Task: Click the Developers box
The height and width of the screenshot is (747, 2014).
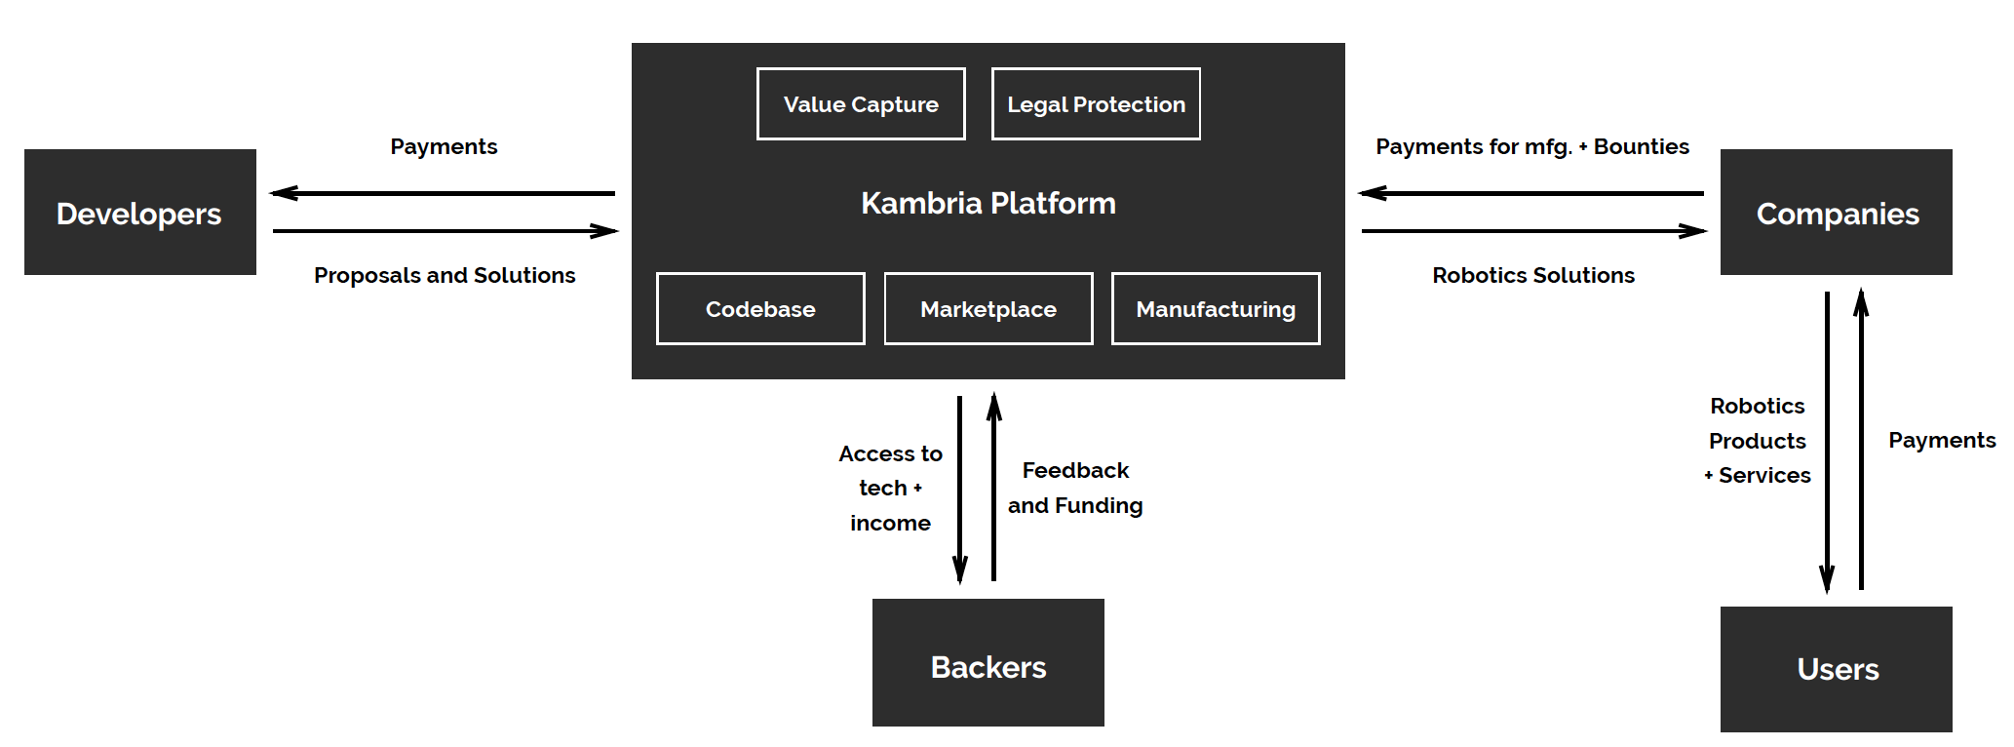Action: pyautogui.click(x=139, y=213)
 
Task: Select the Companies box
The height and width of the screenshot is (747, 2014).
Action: pyautogui.click(x=1836, y=213)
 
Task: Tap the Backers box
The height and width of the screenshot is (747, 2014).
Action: pyautogui.click(x=988, y=663)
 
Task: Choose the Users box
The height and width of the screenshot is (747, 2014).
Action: pyautogui.click(x=1836, y=669)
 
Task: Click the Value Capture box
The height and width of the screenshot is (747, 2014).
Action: pyautogui.click(x=861, y=104)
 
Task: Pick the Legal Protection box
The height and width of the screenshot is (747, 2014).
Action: pyautogui.click(x=1096, y=104)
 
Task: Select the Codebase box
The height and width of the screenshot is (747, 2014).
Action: pyautogui.click(x=760, y=309)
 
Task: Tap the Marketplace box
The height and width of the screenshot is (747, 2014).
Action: pyautogui.click(x=988, y=309)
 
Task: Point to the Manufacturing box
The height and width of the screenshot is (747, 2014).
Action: pyautogui.click(x=1216, y=309)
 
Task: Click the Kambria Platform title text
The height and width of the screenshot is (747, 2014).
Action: pyautogui.click(x=988, y=203)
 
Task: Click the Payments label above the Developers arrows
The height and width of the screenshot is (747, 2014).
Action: pyautogui.click(x=444, y=146)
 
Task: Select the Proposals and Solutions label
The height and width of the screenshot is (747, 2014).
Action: pyautogui.click(x=445, y=275)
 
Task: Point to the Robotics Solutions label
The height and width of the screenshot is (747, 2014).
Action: pyautogui.click(x=1533, y=275)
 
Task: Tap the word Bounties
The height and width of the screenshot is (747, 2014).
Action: pyautogui.click(x=1642, y=146)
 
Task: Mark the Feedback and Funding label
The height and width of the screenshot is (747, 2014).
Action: pyautogui.click(x=1075, y=488)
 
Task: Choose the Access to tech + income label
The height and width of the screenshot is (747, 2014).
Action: pyautogui.click(x=890, y=488)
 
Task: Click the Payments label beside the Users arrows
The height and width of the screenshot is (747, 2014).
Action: pyautogui.click(x=1942, y=440)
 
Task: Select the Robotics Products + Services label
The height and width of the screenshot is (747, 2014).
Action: pyautogui.click(x=1759, y=441)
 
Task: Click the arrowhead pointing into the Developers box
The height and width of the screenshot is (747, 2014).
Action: pyautogui.click(x=284, y=193)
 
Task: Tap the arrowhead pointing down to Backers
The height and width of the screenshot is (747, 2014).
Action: pyautogui.click(x=960, y=570)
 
